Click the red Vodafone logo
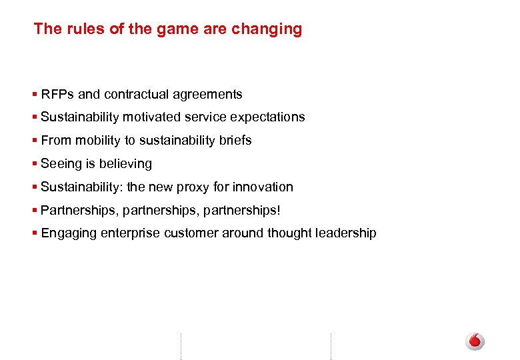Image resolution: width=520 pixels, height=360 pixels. pyautogui.click(x=475, y=341)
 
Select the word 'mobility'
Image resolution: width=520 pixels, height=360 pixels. pyautogui.click(x=99, y=141)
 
